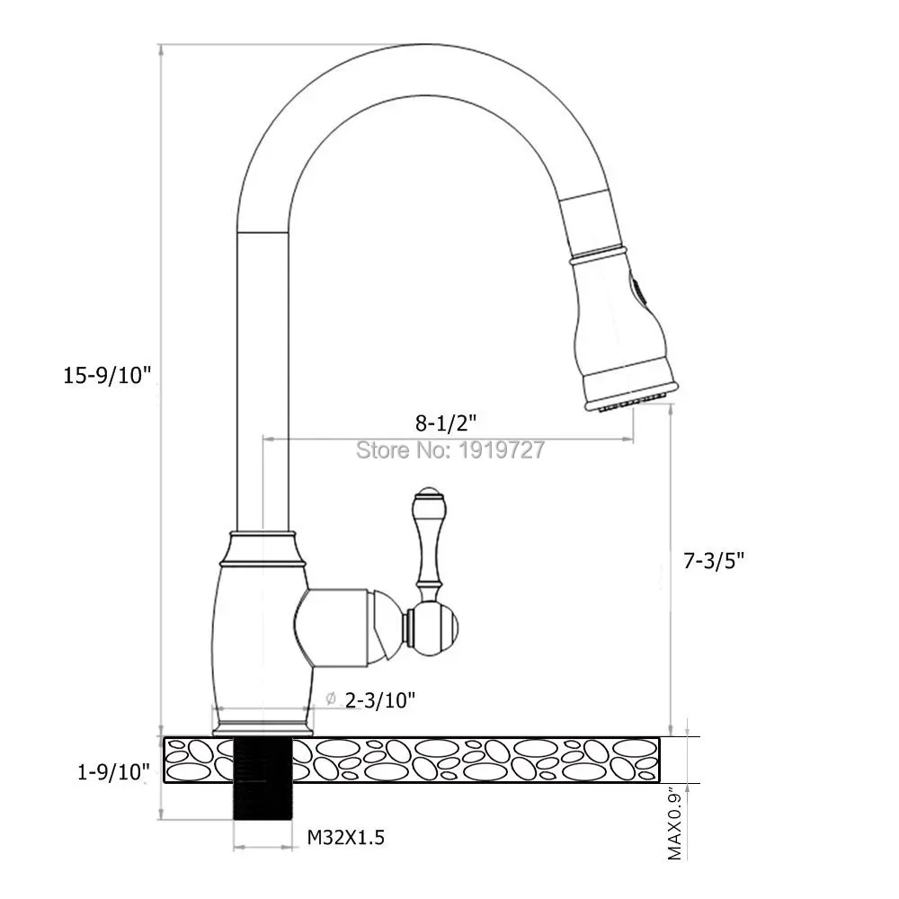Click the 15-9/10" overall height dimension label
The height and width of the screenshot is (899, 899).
click(x=107, y=376)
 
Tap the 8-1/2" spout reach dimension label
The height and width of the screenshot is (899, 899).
click(x=446, y=423)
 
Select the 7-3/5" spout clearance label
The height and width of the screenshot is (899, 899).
click(x=714, y=560)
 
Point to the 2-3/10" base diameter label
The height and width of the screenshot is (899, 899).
click(x=379, y=699)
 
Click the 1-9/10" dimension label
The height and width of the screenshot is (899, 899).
click(x=113, y=772)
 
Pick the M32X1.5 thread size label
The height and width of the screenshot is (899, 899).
click(x=346, y=838)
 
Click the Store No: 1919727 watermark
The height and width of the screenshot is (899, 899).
click(x=450, y=449)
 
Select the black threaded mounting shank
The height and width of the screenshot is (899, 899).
click(x=263, y=779)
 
